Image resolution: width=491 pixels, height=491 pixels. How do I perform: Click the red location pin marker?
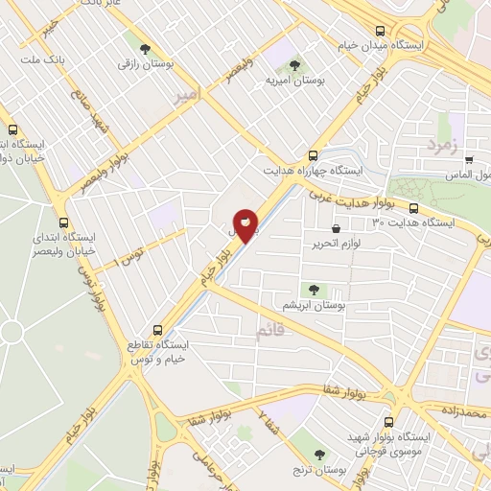point(245,224)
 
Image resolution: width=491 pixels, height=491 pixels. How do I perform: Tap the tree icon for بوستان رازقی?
point(144,47)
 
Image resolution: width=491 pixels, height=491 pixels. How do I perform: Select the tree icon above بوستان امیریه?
point(296,66)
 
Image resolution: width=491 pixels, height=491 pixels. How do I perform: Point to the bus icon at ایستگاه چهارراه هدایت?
point(313,156)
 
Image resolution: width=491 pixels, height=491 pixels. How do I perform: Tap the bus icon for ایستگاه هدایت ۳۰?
point(413,208)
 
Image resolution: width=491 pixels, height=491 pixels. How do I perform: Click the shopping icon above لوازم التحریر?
point(335,228)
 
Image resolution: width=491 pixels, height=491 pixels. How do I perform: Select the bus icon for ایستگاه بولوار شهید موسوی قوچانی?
point(386,421)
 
